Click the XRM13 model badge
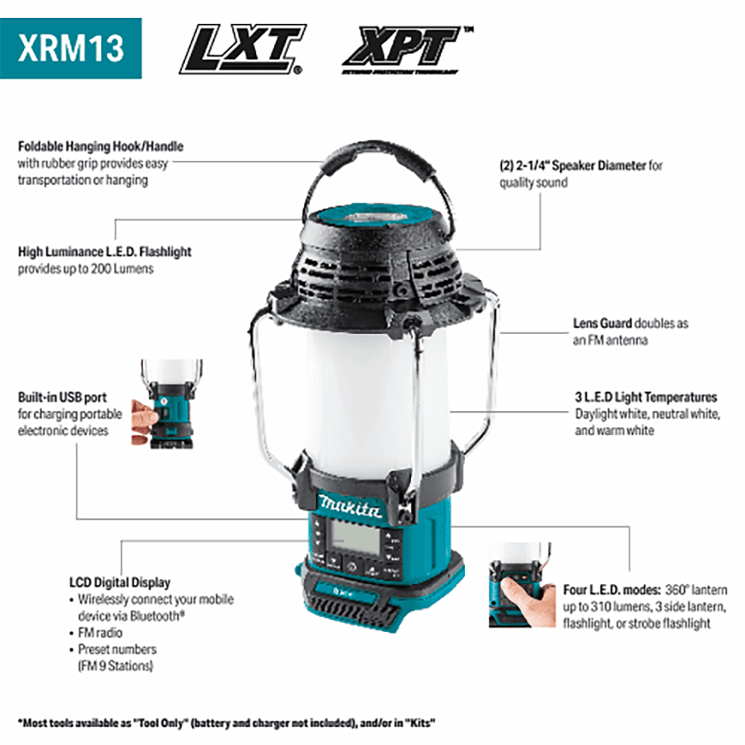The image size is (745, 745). point(71,48)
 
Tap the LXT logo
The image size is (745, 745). point(242,49)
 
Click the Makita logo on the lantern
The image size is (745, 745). point(349,506)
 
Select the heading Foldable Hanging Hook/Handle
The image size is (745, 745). point(101,147)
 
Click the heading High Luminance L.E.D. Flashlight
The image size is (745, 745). point(104,252)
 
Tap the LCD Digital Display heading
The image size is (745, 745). point(119,583)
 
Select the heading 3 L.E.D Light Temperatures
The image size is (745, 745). point(646,397)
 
